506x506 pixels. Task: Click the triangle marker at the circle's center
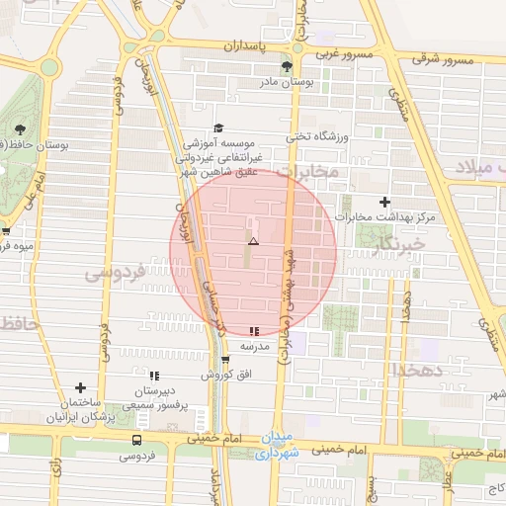[x=253, y=241]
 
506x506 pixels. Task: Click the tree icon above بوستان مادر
[x=287, y=67]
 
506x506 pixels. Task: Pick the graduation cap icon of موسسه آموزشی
[x=218, y=128]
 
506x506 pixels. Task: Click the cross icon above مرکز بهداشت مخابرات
[x=385, y=202]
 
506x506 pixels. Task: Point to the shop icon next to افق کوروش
[x=225, y=360]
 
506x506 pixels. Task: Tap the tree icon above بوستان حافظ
[x=20, y=128]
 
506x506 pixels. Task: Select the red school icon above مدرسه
[x=255, y=331]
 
